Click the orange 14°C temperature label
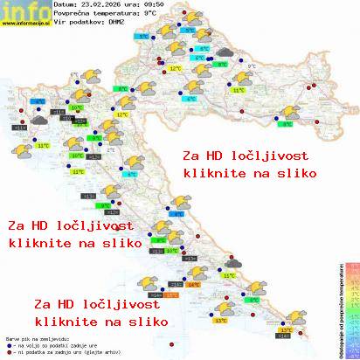(194, 284)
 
